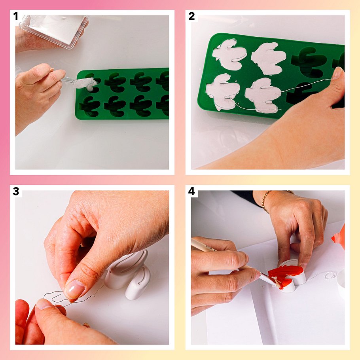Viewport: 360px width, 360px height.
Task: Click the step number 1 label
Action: pos(15,16)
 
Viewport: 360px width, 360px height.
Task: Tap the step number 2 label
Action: pos(191,16)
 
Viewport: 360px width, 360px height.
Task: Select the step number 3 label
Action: pos(16,191)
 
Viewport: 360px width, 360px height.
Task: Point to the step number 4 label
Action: pos(191,191)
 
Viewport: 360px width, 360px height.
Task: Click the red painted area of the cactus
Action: pos(285,275)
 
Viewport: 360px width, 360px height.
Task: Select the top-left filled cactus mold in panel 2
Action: pos(229,54)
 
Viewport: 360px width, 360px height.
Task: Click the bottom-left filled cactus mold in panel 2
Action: pos(222,91)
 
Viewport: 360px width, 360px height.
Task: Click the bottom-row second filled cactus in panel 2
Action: pos(263,95)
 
